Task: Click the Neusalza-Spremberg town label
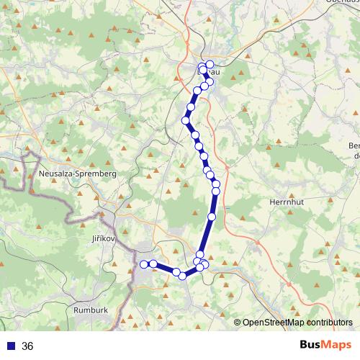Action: point(76,174)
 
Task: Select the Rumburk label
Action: point(91,310)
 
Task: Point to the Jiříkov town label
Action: point(104,237)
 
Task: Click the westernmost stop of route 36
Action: point(143,264)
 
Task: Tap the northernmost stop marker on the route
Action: point(210,65)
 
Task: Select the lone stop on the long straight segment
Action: point(212,217)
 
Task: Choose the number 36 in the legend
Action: point(27,346)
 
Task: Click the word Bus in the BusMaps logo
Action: point(311,345)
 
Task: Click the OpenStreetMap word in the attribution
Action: point(274,323)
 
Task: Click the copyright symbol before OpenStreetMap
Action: point(238,323)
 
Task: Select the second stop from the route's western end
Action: point(153,264)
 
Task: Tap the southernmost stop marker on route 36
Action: point(183,275)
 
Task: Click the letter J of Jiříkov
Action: point(94,237)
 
